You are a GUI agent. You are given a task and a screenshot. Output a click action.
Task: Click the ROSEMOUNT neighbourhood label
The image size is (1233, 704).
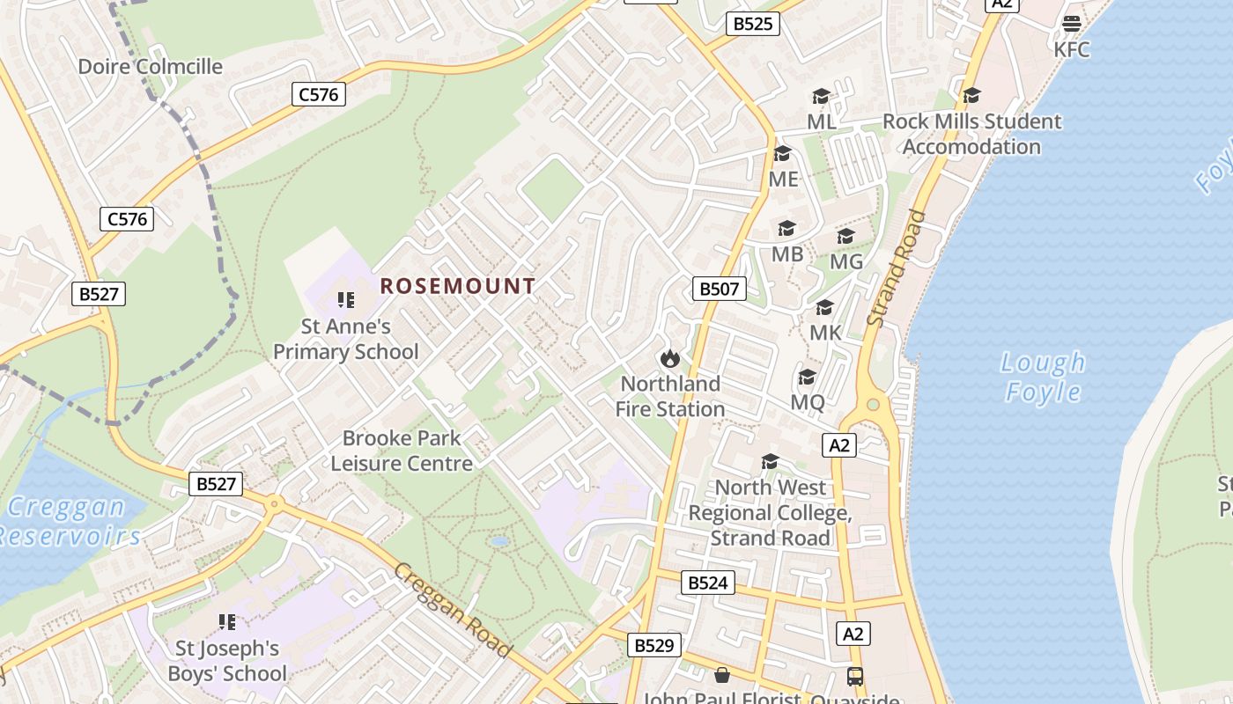pos(457,286)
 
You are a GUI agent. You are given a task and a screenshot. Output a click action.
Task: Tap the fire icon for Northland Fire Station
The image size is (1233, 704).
pos(669,358)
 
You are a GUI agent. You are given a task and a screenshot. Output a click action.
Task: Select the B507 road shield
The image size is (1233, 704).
pos(719,289)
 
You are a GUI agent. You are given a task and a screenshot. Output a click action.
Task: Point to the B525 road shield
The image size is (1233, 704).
pos(753,24)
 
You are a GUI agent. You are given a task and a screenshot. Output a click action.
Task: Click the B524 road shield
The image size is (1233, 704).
pos(707,583)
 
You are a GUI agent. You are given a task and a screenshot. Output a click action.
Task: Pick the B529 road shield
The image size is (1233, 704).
pos(653,646)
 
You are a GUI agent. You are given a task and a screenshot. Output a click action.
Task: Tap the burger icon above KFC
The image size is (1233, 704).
pos(1072,24)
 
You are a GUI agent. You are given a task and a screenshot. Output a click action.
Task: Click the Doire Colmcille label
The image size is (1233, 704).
pos(150,66)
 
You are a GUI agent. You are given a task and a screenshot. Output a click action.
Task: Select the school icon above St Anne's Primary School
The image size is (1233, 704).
pos(346,300)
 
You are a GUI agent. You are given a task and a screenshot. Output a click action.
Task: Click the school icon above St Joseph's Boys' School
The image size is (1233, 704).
pos(227,622)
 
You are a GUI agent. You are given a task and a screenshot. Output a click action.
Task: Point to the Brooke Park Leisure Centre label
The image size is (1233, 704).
pos(402,451)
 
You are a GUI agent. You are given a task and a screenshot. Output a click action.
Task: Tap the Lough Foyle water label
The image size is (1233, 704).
pos(1044,377)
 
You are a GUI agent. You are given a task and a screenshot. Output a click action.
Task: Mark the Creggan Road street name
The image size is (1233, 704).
pos(453,610)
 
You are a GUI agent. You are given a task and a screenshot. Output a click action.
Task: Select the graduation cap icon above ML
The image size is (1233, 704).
pos(821,96)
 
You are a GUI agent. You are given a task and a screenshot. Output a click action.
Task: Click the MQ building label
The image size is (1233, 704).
pos(808,402)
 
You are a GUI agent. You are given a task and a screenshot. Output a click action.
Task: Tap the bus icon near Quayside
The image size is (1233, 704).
pos(855,677)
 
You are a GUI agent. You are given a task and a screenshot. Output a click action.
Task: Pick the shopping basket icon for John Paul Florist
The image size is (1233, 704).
pos(722,675)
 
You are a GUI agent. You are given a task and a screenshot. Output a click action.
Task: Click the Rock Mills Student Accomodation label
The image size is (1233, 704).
pos(971,134)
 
